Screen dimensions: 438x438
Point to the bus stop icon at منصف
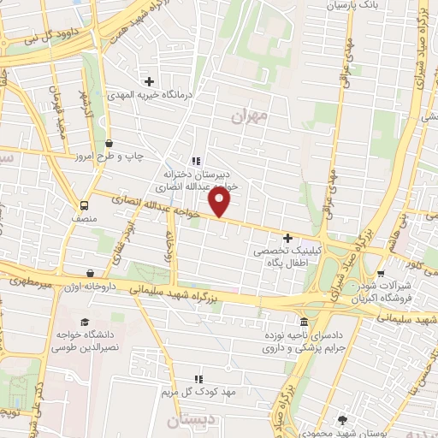click(85, 205)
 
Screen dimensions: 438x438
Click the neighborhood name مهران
click(251, 115)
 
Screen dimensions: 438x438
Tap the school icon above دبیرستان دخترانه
click(196, 160)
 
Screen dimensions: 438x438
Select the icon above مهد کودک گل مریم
click(198, 379)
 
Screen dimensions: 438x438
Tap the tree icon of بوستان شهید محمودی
click(342, 419)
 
